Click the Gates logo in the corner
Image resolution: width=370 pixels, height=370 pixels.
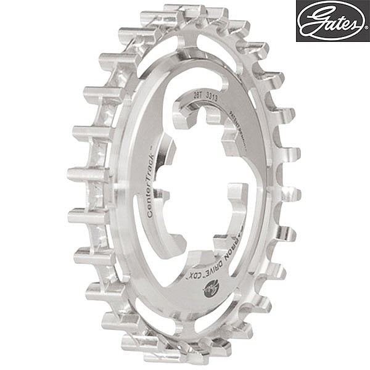pos(332,21)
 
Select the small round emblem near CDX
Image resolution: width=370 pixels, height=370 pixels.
pos(211,285)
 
